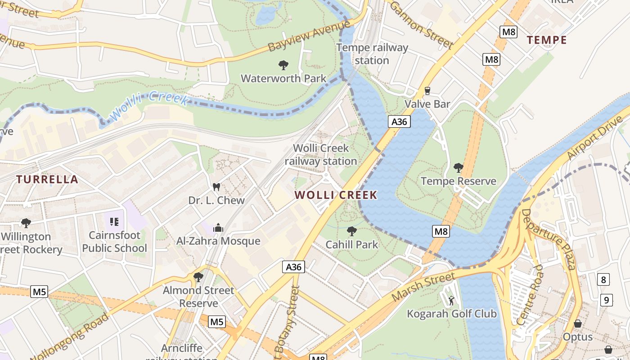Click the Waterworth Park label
pyautogui.click(x=283, y=78)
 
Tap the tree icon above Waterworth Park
pyautogui.click(x=283, y=65)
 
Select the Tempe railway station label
pyautogui.click(x=372, y=54)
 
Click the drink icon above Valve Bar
pyautogui.click(x=427, y=91)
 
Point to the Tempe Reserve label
pyautogui.click(x=458, y=181)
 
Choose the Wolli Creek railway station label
pyautogui.click(x=320, y=154)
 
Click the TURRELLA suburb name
pyautogui.click(x=47, y=180)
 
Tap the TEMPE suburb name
pyautogui.click(x=547, y=40)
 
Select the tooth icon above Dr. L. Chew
pyautogui.click(x=216, y=187)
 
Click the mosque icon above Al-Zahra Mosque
pyautogui.click(x=218, y=228)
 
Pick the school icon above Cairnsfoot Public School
pyautogui.click(x=114, y=222)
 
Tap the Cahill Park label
pyautogui.click(x=352, y=245)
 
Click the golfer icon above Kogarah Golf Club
pyautogui.click(x=451, y=300)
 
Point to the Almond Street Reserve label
pyautogui.click(x=198, y=297)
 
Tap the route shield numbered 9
pyautogui.click(x=606, y=300)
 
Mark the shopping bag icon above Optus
pyautogui.click(x=578, y=324)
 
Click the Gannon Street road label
pyautogui.click(x=421, y=25)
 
